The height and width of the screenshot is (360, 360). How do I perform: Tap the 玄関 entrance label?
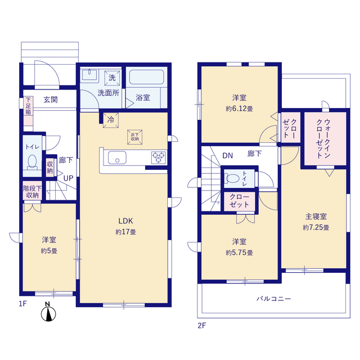[51, 100]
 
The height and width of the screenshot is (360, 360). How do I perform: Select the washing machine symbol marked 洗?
[112, 78]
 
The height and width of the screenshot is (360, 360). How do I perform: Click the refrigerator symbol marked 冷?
[111, 120]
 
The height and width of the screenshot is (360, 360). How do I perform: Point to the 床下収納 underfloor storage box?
[135, 137]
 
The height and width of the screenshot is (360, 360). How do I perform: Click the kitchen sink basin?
[117, 157]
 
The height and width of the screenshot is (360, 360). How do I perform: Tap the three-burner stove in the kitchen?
[159, 157]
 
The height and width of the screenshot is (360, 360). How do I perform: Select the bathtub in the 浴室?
[147, 77]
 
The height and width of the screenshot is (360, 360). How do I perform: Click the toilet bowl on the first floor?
[32, 162]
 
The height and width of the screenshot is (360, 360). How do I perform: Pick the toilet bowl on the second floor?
[232, 178]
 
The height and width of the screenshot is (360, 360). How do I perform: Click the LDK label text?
[125, 221]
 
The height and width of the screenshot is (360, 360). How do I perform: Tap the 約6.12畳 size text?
[239, 109]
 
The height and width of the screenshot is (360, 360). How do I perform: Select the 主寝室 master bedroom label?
[316, 216]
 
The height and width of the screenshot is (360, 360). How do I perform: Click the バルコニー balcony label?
[274, 299]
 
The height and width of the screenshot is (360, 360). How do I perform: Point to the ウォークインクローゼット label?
[323, 138]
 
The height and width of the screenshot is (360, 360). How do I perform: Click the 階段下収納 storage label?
[33, 192]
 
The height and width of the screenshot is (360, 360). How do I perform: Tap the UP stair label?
[68, 178]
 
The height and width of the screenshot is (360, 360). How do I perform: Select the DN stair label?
[227, 156]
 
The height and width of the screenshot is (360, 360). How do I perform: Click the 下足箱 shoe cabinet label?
[28, 106]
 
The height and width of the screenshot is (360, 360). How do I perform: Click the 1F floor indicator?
[23, 304]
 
